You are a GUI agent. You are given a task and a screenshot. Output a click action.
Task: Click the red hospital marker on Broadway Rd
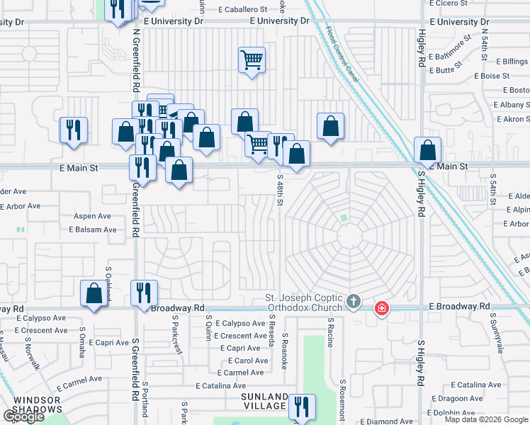coord(381,308)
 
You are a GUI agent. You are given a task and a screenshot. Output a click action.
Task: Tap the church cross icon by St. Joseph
coord(354,303)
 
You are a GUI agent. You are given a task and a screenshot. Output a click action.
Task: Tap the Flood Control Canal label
coord(343,53)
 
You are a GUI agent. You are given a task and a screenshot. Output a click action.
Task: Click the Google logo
coord(23,416)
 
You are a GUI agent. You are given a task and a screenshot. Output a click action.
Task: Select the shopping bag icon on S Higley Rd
coord(427,150)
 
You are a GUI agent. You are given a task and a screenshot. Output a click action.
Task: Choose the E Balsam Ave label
coord(92,229)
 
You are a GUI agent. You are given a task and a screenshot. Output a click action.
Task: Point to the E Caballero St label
coord(243,10)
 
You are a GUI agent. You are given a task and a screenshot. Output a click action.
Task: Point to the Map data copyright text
coord(487,419)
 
